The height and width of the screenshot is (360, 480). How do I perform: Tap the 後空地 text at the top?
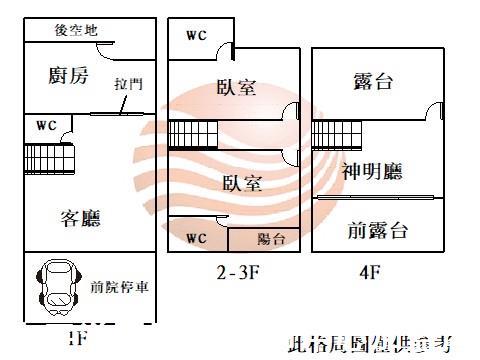tap(76, 30)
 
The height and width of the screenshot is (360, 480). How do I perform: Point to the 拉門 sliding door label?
tap(128, 84)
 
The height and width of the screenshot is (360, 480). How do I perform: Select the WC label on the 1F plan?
tap(46, 126)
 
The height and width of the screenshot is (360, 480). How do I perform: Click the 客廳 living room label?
tap(80, 216)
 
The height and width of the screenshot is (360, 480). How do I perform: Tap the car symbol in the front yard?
tap(54, 287)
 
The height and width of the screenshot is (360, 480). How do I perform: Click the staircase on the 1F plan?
tap(50, 157)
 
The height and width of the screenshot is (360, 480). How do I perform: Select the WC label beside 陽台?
tap(197, 239)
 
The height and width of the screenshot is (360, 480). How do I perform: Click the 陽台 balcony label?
tap(271, 239)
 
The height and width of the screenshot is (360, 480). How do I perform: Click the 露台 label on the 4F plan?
tap(372, 82)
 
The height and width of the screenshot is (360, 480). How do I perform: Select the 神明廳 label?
tap(371, 172)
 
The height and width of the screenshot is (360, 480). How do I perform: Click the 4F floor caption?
tap(369, 270)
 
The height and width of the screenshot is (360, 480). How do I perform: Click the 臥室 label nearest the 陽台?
tap(242, 184)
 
